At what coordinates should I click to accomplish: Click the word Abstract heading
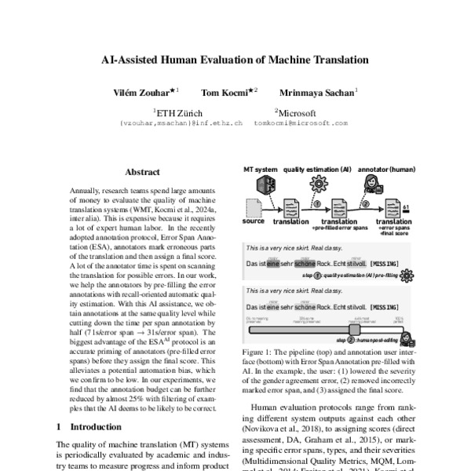tap(141, 170)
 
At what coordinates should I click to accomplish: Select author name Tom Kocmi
tap(225, 92)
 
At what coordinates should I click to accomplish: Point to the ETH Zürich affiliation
tap(178, 112)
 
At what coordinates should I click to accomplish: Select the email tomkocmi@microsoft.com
tap(301, 123)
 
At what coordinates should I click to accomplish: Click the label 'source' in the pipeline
tap(254, 222)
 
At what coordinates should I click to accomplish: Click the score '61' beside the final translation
tap(405, 206)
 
